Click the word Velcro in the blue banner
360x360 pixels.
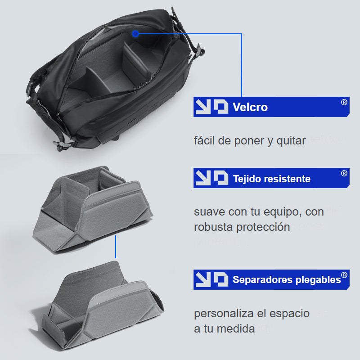click(250, 107)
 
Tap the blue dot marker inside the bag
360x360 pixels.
click(135, 34)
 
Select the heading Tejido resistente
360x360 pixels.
click(272, 179)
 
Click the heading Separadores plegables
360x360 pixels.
click(287, 279)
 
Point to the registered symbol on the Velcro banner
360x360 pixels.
click(344, 102)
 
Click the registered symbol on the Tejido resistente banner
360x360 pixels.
click(344, 173)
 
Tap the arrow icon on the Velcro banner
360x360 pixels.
click(203, 107)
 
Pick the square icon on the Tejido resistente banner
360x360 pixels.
click(221, 178)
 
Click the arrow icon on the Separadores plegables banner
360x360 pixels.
click(203, 279)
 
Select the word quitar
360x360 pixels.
click(291, 140)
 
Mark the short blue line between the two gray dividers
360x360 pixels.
click(116, 247)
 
